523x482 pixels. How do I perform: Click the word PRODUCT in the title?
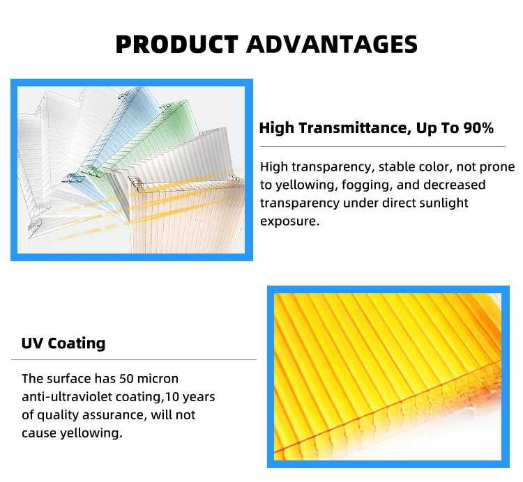pos(177,44)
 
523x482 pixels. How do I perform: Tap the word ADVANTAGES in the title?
pos(332,44)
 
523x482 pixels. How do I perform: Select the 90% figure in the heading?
pos(478,128)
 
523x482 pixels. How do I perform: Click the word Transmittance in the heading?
pos(353,128)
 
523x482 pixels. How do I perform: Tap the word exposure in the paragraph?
pos(289,221)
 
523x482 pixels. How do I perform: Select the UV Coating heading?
pos(63,343)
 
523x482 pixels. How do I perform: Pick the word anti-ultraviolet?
pos(67,397)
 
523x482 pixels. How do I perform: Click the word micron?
pos(158,379)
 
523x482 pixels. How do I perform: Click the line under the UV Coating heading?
pos(134,359)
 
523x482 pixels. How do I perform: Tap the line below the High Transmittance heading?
pos(383,146)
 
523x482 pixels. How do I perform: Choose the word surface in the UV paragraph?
pos(69,379)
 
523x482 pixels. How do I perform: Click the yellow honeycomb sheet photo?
pos(388,376)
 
